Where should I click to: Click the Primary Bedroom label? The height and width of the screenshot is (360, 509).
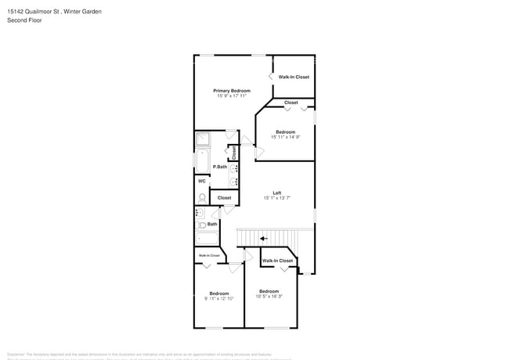point(232,91)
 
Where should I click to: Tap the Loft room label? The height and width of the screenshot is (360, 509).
point(276,193)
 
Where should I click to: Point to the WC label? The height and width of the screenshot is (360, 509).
point(201,182)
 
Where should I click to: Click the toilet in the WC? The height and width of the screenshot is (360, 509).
point(201,197)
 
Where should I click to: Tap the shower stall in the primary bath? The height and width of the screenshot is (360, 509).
point(203,140)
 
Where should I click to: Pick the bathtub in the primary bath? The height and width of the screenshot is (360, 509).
point(201,164)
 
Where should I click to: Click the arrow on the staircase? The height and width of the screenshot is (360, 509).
point(264,239)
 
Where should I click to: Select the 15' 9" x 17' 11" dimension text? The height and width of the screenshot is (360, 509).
point(232,96)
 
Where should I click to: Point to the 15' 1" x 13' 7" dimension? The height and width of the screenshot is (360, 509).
point(276,198)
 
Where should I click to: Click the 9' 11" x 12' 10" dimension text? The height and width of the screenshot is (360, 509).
point(218,298)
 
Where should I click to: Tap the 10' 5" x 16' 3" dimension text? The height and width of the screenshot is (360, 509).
point(269,296)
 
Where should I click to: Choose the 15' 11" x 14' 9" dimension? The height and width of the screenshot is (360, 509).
point(285,137)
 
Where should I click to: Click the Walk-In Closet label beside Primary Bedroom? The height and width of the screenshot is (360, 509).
point(294,77)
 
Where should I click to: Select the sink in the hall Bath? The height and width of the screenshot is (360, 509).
point(199,213)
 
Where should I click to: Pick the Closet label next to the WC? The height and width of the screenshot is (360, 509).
point(224,198)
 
